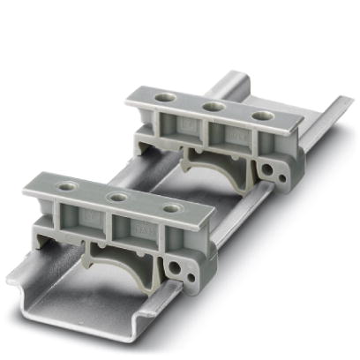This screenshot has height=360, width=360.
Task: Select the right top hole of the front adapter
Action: pos(173,209)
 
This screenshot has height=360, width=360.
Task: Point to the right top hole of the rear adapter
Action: pos(259,116)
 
